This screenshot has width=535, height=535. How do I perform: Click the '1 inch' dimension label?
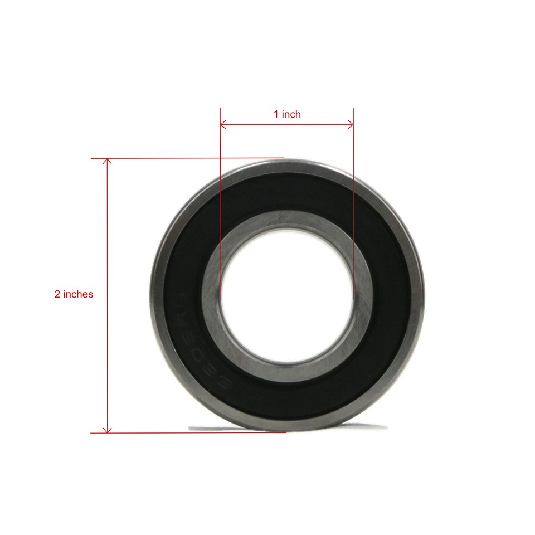click(287, 114)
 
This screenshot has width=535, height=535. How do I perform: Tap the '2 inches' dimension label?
click(74, 294)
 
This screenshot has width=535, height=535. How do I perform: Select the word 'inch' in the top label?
click(291, 114)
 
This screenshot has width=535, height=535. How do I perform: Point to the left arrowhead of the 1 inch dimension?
click(223, 124)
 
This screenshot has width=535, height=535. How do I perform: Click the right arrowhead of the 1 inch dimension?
click(351, 124)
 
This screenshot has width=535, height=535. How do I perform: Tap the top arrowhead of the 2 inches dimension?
click(108, 162)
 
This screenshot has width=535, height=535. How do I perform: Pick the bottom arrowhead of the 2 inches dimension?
click(108, 429)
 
